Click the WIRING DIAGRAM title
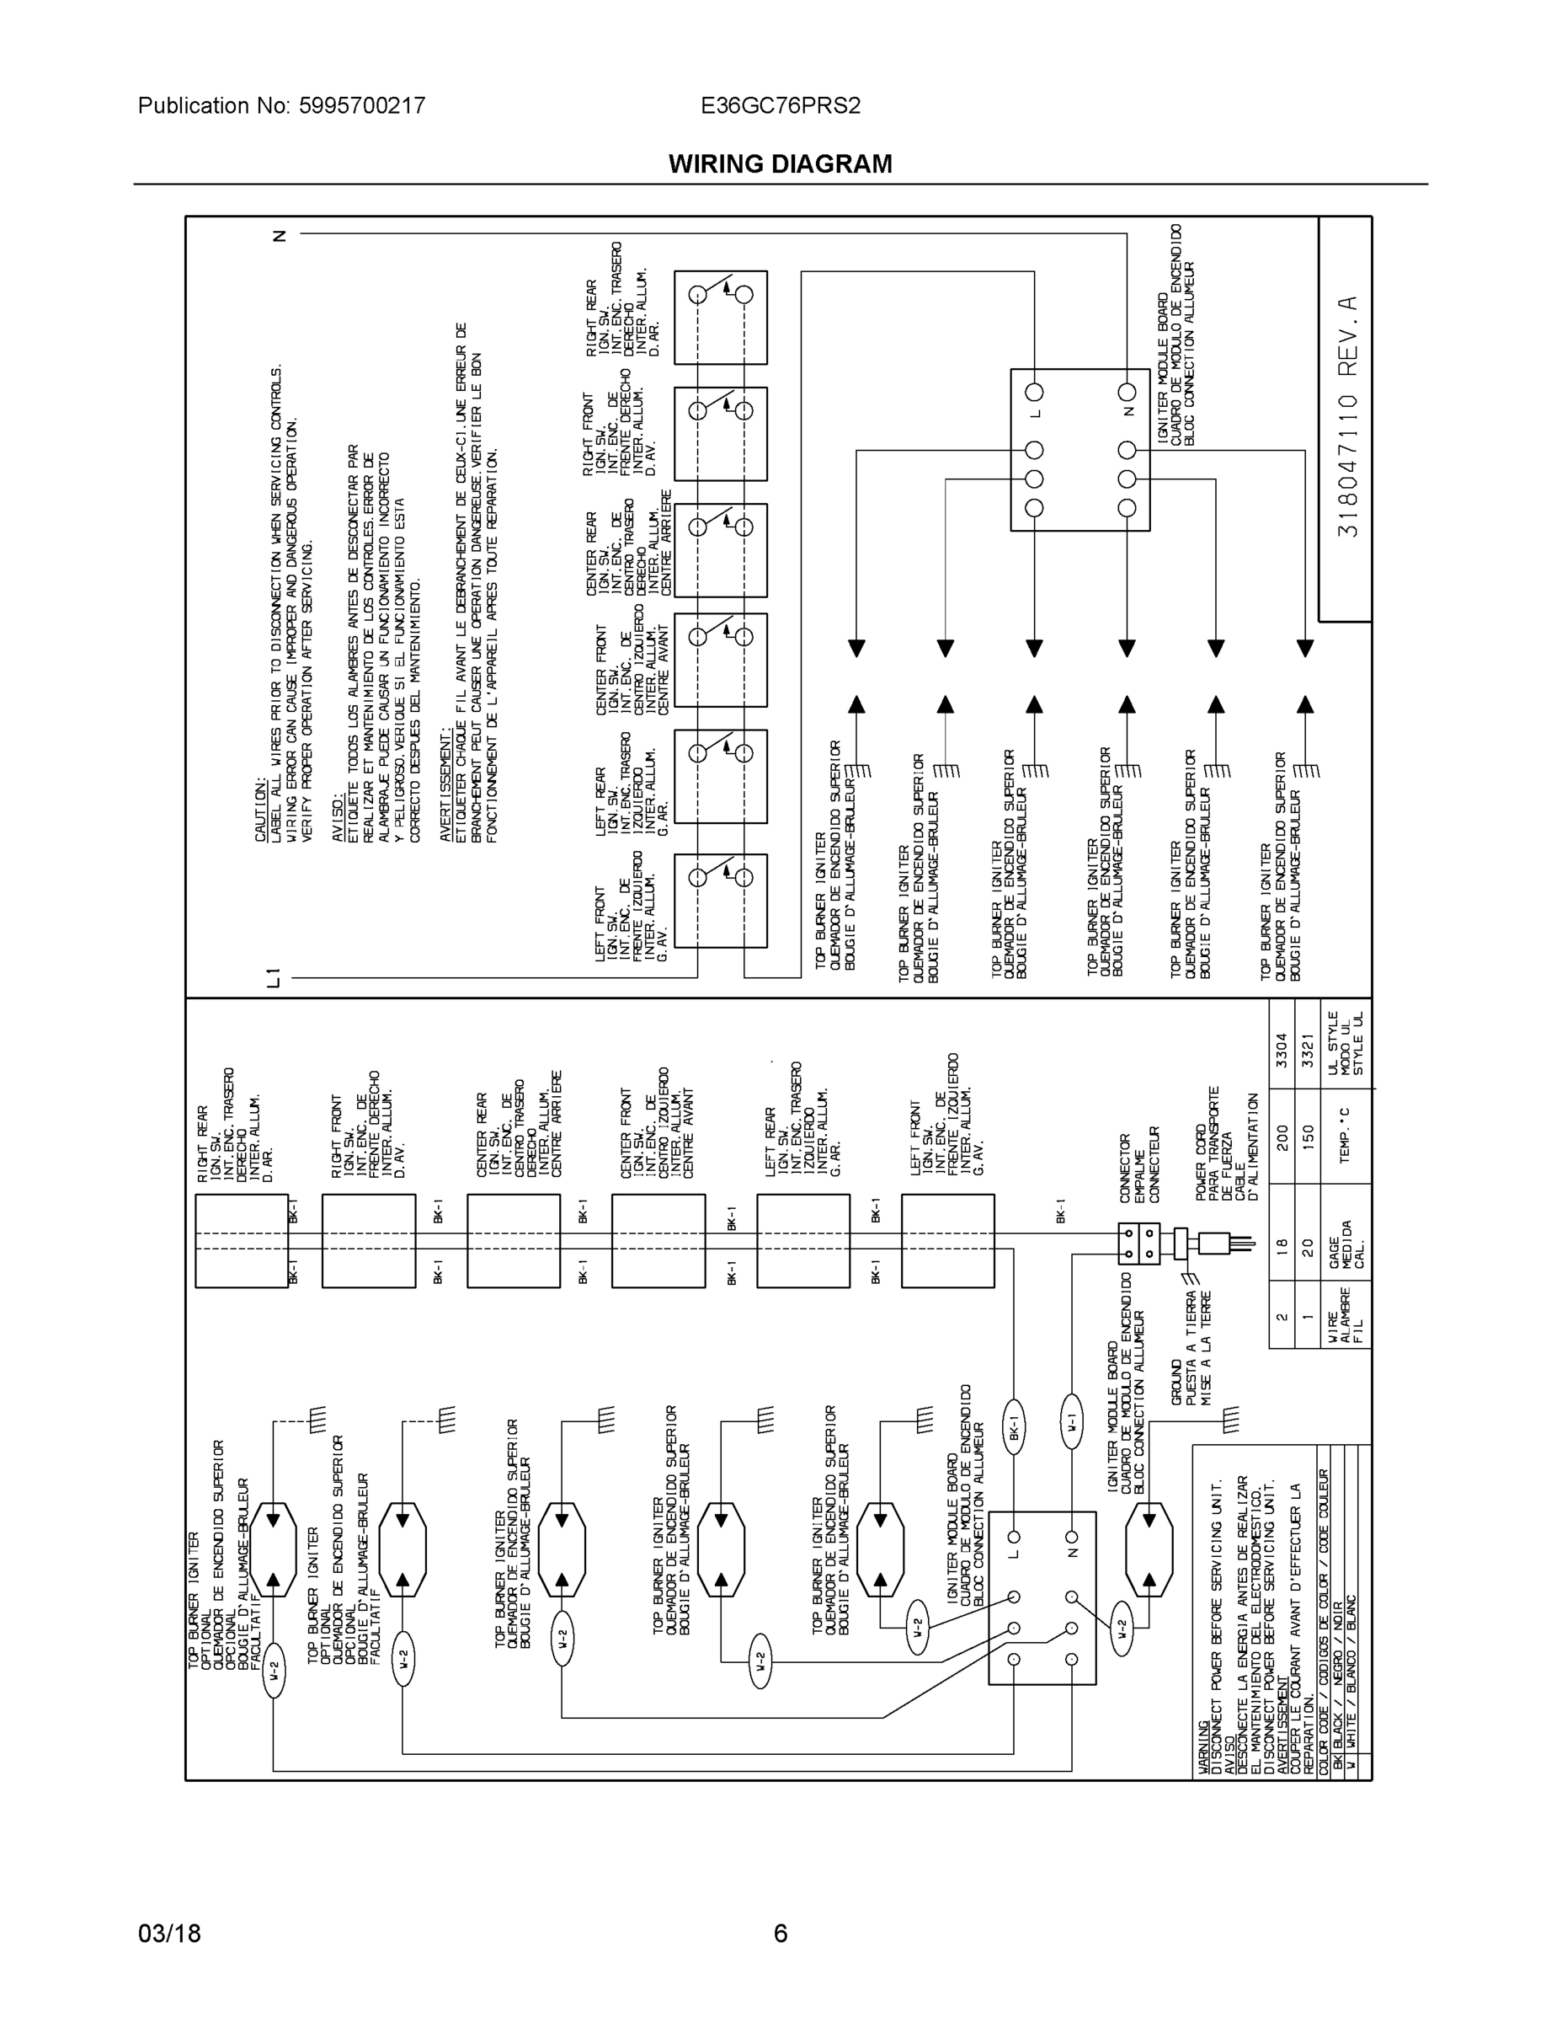(780, 164)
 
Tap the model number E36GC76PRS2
(780, 105)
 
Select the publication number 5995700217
(362, 105)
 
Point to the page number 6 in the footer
(780, 1934)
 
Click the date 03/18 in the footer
(169, 1934)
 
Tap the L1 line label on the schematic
(273, 976)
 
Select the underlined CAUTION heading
(262, 810)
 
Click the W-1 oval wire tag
(1070, 1422)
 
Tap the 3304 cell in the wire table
(1282, 1051)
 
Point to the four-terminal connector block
(1138, 1244)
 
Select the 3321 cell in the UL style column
(1308, 1051)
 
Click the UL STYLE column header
(1346, 1043)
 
